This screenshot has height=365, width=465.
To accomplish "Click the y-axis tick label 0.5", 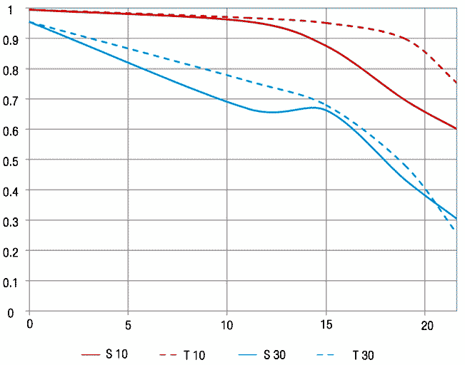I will tap(10, 160).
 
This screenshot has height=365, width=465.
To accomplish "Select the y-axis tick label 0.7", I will tap(10, 100).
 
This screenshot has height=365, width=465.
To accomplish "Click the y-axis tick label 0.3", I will tap(10, 222).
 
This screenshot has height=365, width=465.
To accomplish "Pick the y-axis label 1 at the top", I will tap(11, 9).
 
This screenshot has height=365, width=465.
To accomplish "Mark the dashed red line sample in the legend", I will tap(171, 354).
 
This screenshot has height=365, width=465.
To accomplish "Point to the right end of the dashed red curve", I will tap(456, 83).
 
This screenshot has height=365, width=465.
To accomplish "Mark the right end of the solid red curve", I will tap(456, 128).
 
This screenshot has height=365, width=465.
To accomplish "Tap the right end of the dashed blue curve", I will tap(456, 230).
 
